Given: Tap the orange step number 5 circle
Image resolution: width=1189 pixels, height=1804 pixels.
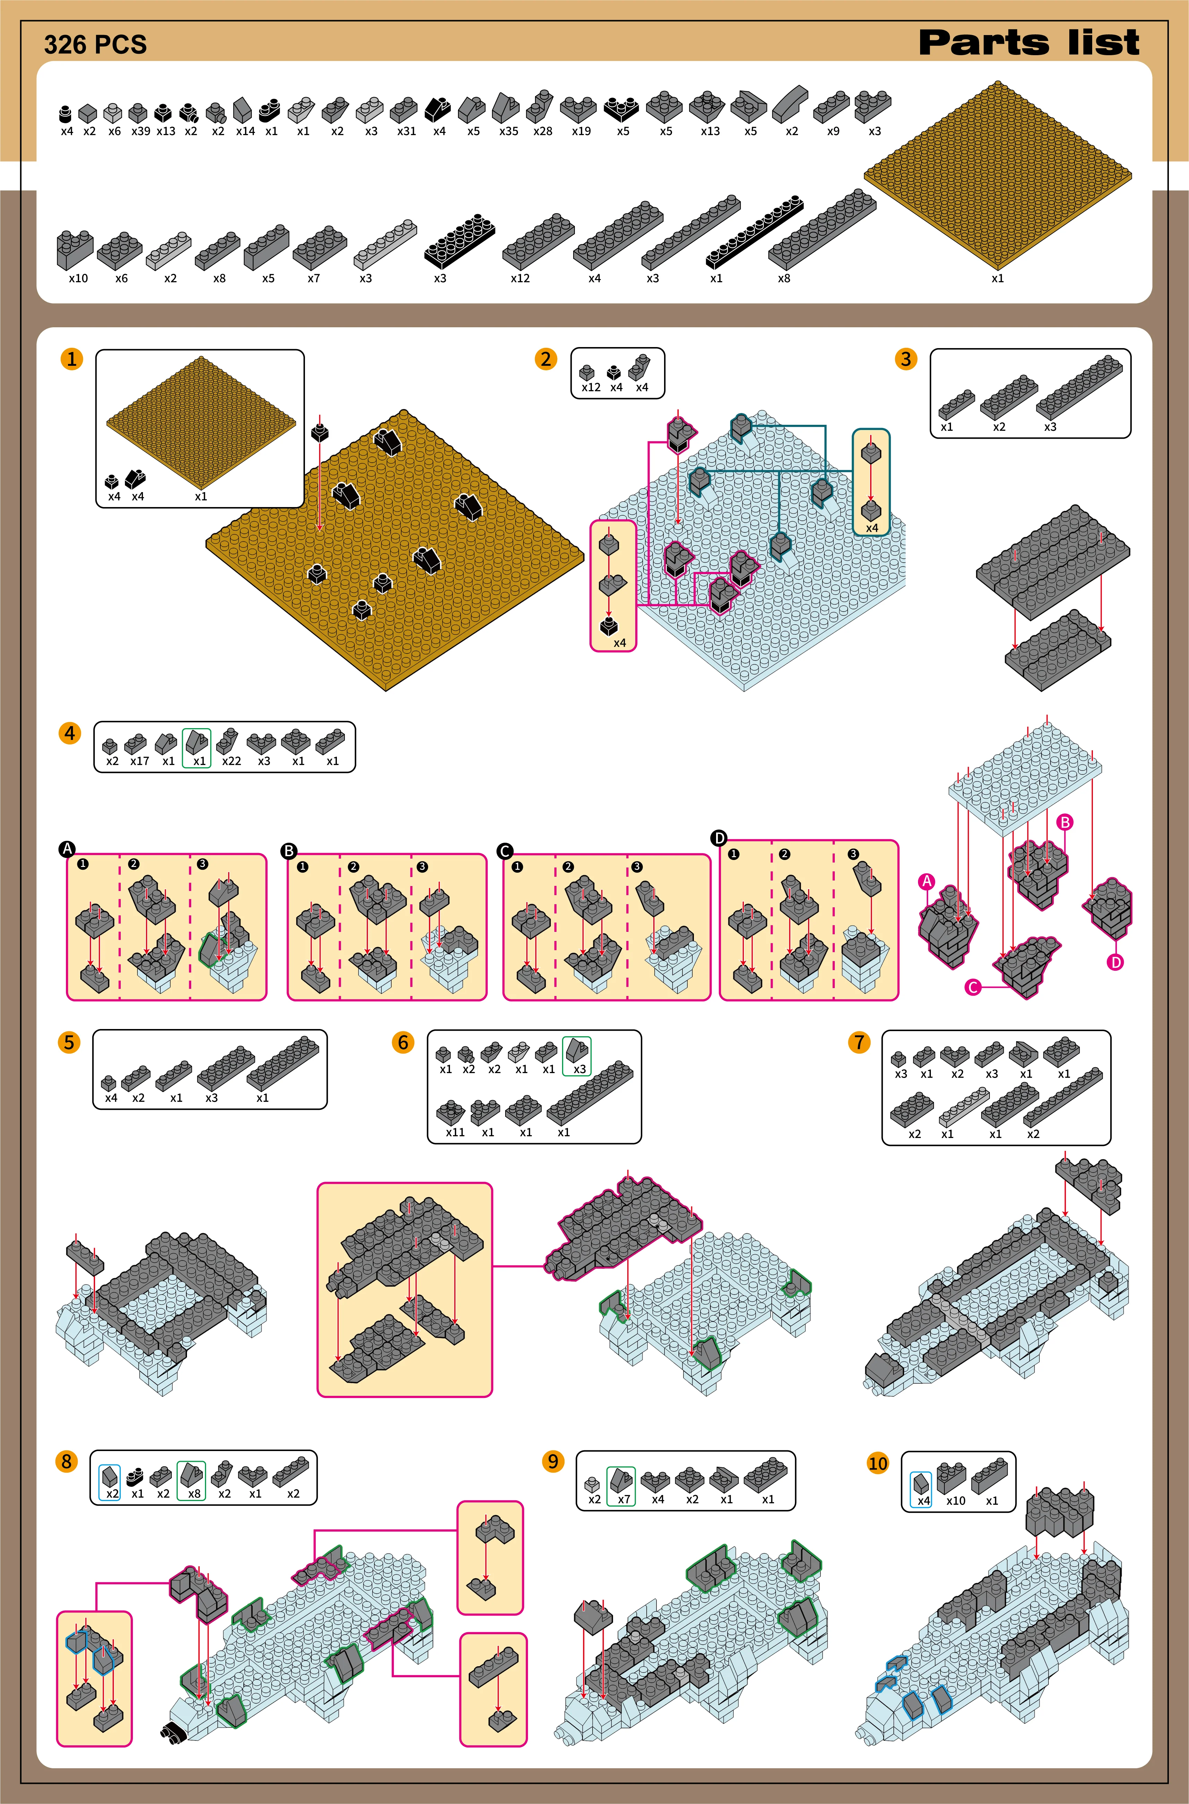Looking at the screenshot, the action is (69, 1042).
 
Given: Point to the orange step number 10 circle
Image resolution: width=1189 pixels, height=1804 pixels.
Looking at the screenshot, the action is (877, 1463).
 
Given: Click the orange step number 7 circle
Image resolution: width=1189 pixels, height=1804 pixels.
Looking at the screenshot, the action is (859, 1042).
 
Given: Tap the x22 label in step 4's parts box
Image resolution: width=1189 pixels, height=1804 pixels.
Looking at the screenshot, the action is (231, 761).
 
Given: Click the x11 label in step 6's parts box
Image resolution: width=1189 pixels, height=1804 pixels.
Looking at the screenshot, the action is (455, 1132).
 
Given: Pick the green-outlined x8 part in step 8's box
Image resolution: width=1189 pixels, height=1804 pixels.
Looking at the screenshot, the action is (191, 1480).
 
